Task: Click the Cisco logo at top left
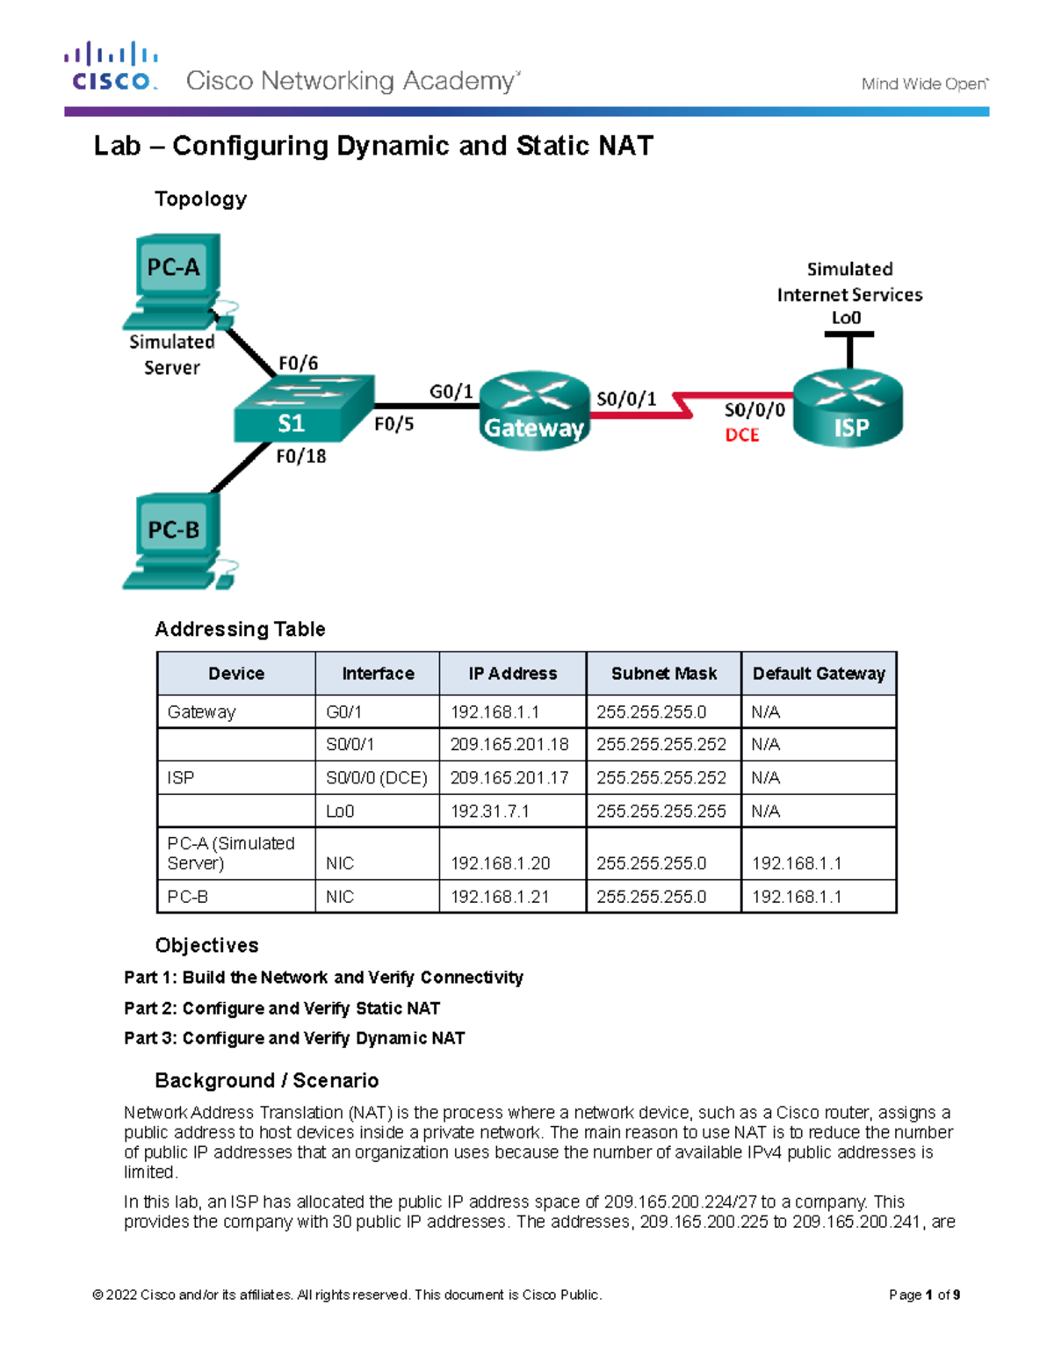[112, 67]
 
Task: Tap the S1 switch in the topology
[303, 410]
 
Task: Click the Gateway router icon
[534, 410]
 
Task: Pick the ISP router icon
[848, 409]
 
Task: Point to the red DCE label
[741, 435]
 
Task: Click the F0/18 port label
[301, 457]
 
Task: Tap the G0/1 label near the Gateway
[451, 392]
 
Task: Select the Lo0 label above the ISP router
[846, 318]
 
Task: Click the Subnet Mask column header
[663, 674]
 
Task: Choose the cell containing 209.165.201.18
[509, 745]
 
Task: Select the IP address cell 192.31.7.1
[489, 812]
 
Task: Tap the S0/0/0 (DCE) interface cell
[376, 778]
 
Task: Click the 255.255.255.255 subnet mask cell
[661, 812]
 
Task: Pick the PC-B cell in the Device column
[188, 897]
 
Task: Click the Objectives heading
[206, 945]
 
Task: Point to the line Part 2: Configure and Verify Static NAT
[281, 1008]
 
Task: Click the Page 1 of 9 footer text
[923, 1295]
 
